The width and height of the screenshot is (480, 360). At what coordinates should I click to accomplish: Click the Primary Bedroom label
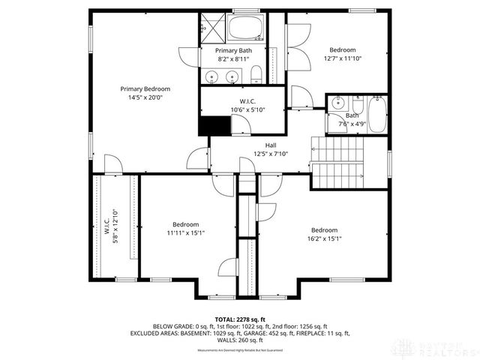point(145,92)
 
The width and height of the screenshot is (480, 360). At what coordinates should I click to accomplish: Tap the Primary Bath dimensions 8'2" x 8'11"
point(234,58)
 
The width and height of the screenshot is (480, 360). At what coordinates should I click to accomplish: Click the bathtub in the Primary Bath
point(244,28)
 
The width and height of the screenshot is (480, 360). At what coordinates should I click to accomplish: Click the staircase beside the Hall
point(337,163)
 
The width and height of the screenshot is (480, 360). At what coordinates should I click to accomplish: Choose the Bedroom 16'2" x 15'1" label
point(324,235)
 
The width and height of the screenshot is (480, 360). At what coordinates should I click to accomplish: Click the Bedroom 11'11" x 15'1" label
point(185,229)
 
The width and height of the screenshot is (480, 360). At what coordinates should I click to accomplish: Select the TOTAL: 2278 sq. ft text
point(239,319)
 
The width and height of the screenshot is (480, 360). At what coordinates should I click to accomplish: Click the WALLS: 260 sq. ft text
point(240,340)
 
